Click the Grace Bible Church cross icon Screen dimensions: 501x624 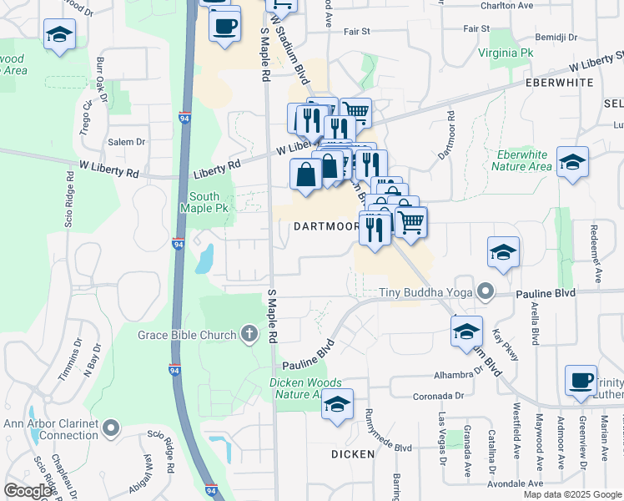(x=249, y=336)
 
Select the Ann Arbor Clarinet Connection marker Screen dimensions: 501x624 (x=112, y=430)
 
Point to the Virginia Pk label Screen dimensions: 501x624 (x=506, y=53)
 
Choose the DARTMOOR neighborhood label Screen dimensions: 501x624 (x=325, y=226)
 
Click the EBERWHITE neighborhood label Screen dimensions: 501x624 (x=559, y=83)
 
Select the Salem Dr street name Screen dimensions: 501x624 (x=126, y=142)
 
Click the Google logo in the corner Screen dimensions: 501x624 (x=28, y=491)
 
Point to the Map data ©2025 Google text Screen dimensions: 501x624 (x=572, y=494)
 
